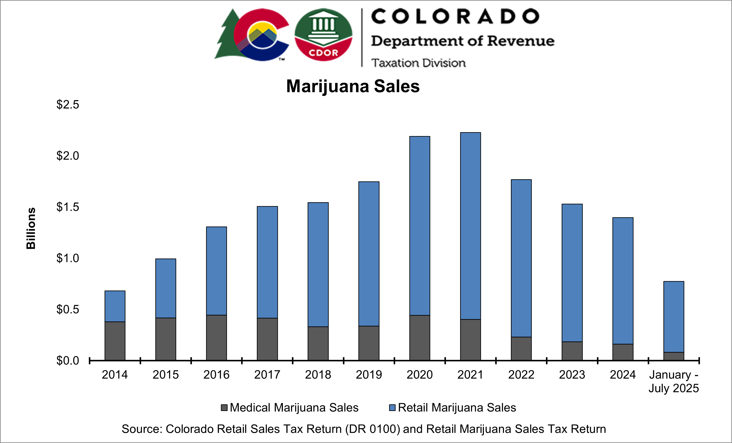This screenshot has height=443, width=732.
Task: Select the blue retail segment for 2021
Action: [470, 226]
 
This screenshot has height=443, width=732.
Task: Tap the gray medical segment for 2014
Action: [115, 341]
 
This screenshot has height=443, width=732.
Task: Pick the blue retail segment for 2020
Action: [419, 226]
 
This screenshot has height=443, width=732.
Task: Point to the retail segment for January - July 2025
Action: [673, 317]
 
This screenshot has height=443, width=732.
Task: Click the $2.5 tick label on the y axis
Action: [68, 104]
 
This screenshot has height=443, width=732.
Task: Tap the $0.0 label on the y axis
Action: [68, 361]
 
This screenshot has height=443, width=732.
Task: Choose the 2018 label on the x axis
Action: [318, 375]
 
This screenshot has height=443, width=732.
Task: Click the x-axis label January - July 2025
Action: [673, 381]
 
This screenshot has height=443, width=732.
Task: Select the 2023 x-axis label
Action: [572, 375]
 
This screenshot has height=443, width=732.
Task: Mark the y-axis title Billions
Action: [31, 228]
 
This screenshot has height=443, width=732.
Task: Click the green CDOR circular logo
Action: [323, 35]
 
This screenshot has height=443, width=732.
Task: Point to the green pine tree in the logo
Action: [227, 36]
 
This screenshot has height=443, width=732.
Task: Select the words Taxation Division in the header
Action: [418, 63]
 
